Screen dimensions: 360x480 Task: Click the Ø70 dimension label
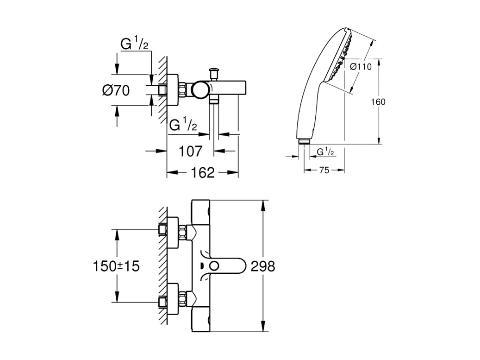click(x=116, y=90)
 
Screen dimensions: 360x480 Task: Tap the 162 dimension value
click(x=203, y=173)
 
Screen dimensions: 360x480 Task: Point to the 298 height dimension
click(x=262, y=266)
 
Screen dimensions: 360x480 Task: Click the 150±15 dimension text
click(x=116, y=266)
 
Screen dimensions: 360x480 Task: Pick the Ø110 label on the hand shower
click(x=361, y=67)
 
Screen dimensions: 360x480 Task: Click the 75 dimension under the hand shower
click(x=324, y=171)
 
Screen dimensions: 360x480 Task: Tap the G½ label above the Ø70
click(x=134, y=44)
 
